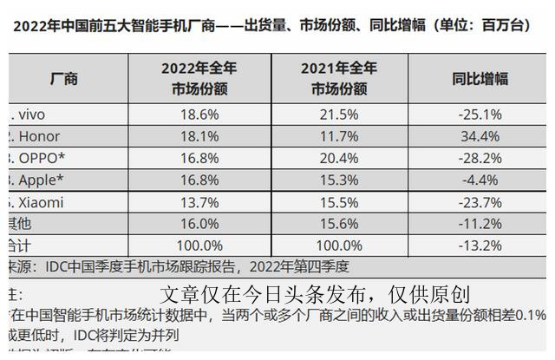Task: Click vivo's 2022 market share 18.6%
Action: tap(199, 114)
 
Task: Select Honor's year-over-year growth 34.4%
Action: tap(480, 136)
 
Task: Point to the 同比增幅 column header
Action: tap(480, 79)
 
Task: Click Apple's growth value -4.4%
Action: tap(480, 180)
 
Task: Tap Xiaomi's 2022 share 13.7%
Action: tap(199, 202)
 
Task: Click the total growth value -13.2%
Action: tap(480, 245)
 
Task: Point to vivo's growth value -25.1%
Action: tap(480, 114)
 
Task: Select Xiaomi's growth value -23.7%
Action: tap(480, 202)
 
